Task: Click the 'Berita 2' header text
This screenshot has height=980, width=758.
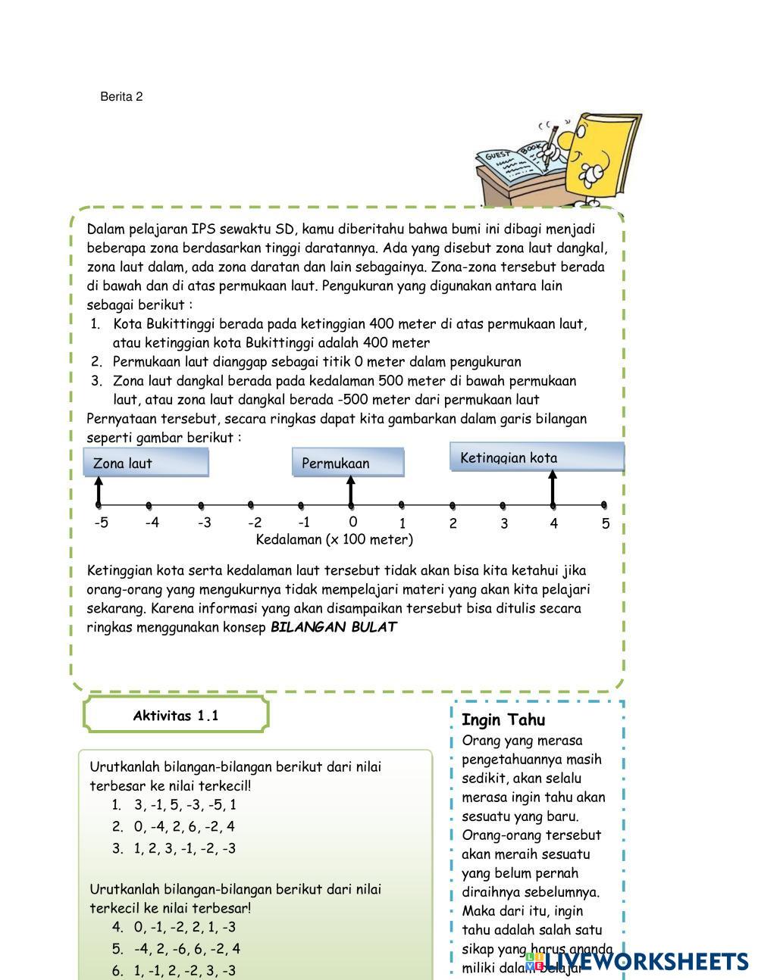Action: tap(121, 97)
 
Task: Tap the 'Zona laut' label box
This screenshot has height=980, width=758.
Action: tap(146, 463)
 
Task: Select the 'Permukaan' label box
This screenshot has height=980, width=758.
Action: tap(348, 463)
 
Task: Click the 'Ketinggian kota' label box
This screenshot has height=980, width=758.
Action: tap(537, 457)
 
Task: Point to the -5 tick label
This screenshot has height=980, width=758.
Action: tap(101, 523)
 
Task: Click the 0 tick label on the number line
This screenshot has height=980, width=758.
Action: tap(352, 522)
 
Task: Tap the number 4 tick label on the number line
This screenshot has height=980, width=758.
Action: tap(554, 523)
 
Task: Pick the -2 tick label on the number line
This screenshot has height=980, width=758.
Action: tap(254, 523)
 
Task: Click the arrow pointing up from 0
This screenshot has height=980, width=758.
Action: tap(350, 489)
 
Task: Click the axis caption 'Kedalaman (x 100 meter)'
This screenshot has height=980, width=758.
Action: tap(334, 540)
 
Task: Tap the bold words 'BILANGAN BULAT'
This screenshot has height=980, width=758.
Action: tap(334, 627)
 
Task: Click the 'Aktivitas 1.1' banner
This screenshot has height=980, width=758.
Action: tap(176, 716)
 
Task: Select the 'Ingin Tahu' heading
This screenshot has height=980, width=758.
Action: tap(503, 720)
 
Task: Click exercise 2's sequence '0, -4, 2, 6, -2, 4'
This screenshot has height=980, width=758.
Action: tap(184, 826)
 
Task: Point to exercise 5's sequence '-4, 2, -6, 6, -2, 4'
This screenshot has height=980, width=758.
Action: tap(187, 948)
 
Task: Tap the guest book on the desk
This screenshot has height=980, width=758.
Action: tap(517, 163)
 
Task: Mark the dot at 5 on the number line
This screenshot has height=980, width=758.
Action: tap(604, 504)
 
